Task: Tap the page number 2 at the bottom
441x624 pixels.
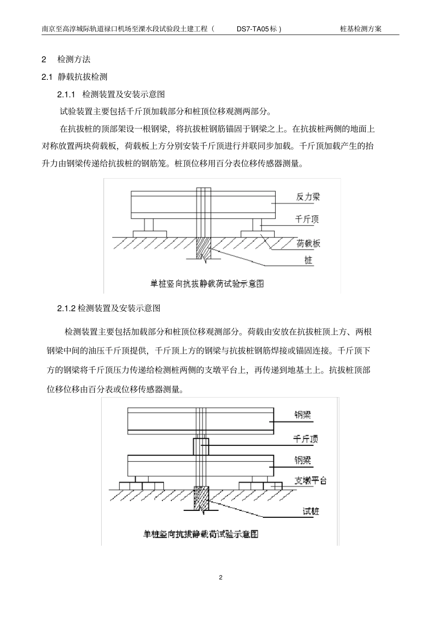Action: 220,578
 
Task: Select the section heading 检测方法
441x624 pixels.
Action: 74,59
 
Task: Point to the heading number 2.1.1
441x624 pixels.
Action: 66,94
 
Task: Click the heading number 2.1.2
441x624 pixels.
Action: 66,308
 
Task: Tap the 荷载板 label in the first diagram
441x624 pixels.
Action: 308,243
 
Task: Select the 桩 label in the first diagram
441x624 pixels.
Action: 308,260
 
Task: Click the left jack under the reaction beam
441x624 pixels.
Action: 149,225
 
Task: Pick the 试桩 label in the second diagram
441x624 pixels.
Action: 311,512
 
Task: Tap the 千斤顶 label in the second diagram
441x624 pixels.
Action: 305,439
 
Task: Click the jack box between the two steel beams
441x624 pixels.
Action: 201,446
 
